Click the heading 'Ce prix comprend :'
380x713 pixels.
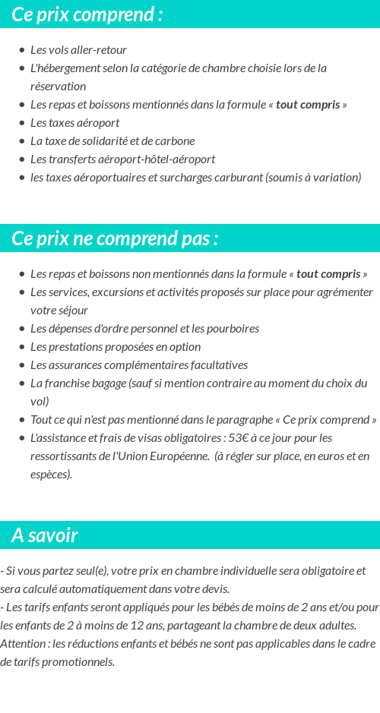point(87,14)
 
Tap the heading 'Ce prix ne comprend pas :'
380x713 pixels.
point(115,238)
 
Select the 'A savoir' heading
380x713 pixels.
point(45,535)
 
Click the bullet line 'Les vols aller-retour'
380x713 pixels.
point(78,50)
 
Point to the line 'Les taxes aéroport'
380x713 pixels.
point(74,123)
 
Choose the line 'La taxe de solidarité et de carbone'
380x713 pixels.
point(112,141)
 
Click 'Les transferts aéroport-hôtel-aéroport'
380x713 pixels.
point(122,159)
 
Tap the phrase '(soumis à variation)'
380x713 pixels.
point(313,178)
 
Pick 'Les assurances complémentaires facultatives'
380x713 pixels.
point(139,365)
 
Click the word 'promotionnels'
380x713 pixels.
point(79,662)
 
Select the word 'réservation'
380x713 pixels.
point(59,87)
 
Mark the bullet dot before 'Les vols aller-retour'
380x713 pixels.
point(22,50)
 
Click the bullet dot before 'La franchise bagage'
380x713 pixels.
point(22,383)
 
